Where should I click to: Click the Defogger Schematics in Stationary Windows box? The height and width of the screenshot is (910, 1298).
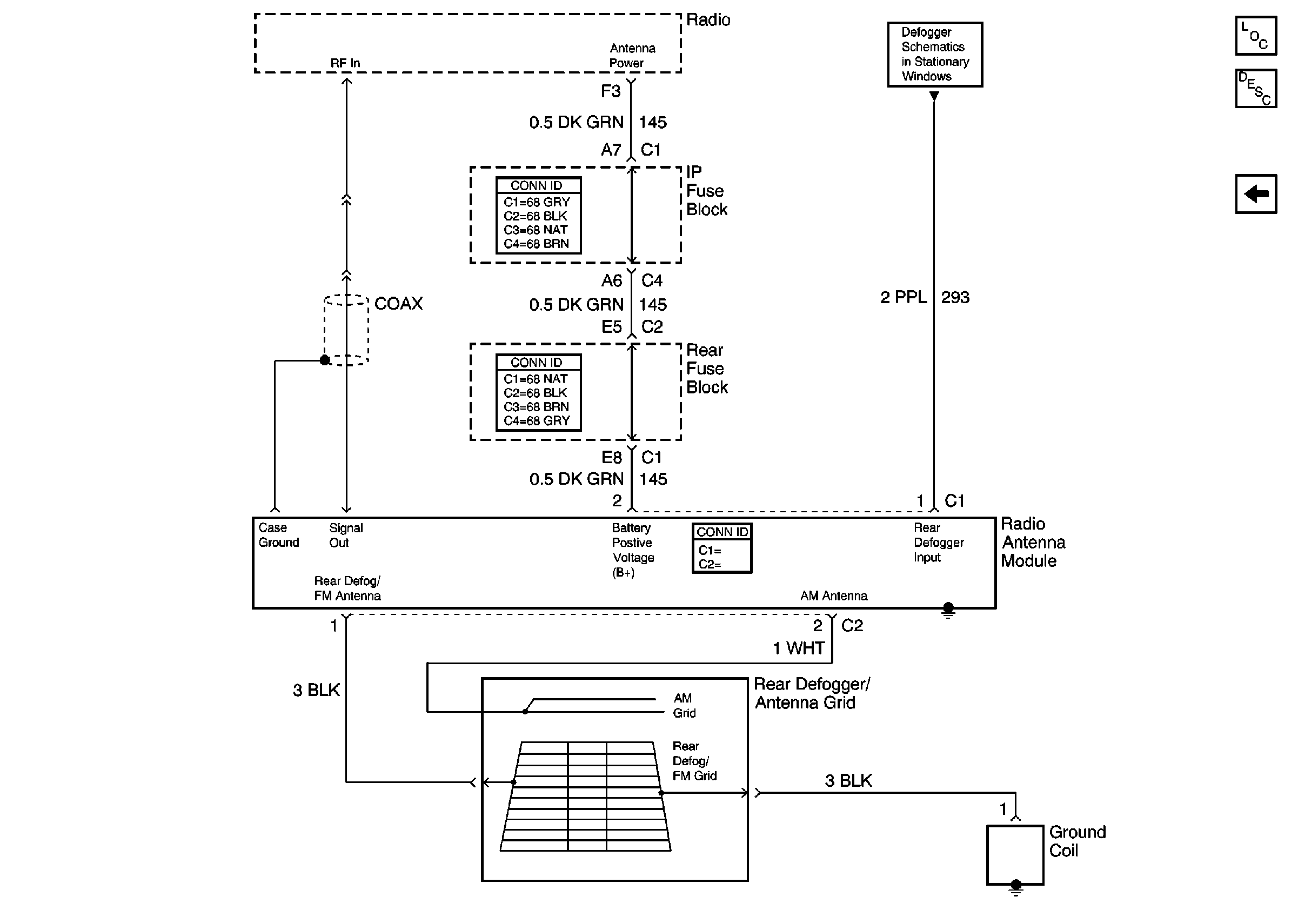934,54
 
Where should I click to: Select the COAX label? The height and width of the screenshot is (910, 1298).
398,304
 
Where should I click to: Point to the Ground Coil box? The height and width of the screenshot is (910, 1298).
1015,854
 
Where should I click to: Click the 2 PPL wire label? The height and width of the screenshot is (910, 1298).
903,297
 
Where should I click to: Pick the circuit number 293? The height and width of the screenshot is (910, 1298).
955,297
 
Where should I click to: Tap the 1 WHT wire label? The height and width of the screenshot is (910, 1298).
798,648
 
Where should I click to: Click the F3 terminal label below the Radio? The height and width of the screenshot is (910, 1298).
611,91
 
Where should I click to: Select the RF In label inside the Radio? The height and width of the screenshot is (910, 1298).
345,63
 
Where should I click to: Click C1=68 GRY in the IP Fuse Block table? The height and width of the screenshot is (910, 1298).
537,202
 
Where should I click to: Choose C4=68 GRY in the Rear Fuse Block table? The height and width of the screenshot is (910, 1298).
537,420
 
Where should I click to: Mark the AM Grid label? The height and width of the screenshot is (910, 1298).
684,705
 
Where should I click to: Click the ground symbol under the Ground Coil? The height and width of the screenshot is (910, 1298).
1016,888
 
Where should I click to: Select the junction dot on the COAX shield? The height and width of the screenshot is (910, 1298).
325,360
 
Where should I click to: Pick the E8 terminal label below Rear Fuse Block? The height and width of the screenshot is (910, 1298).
611,457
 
